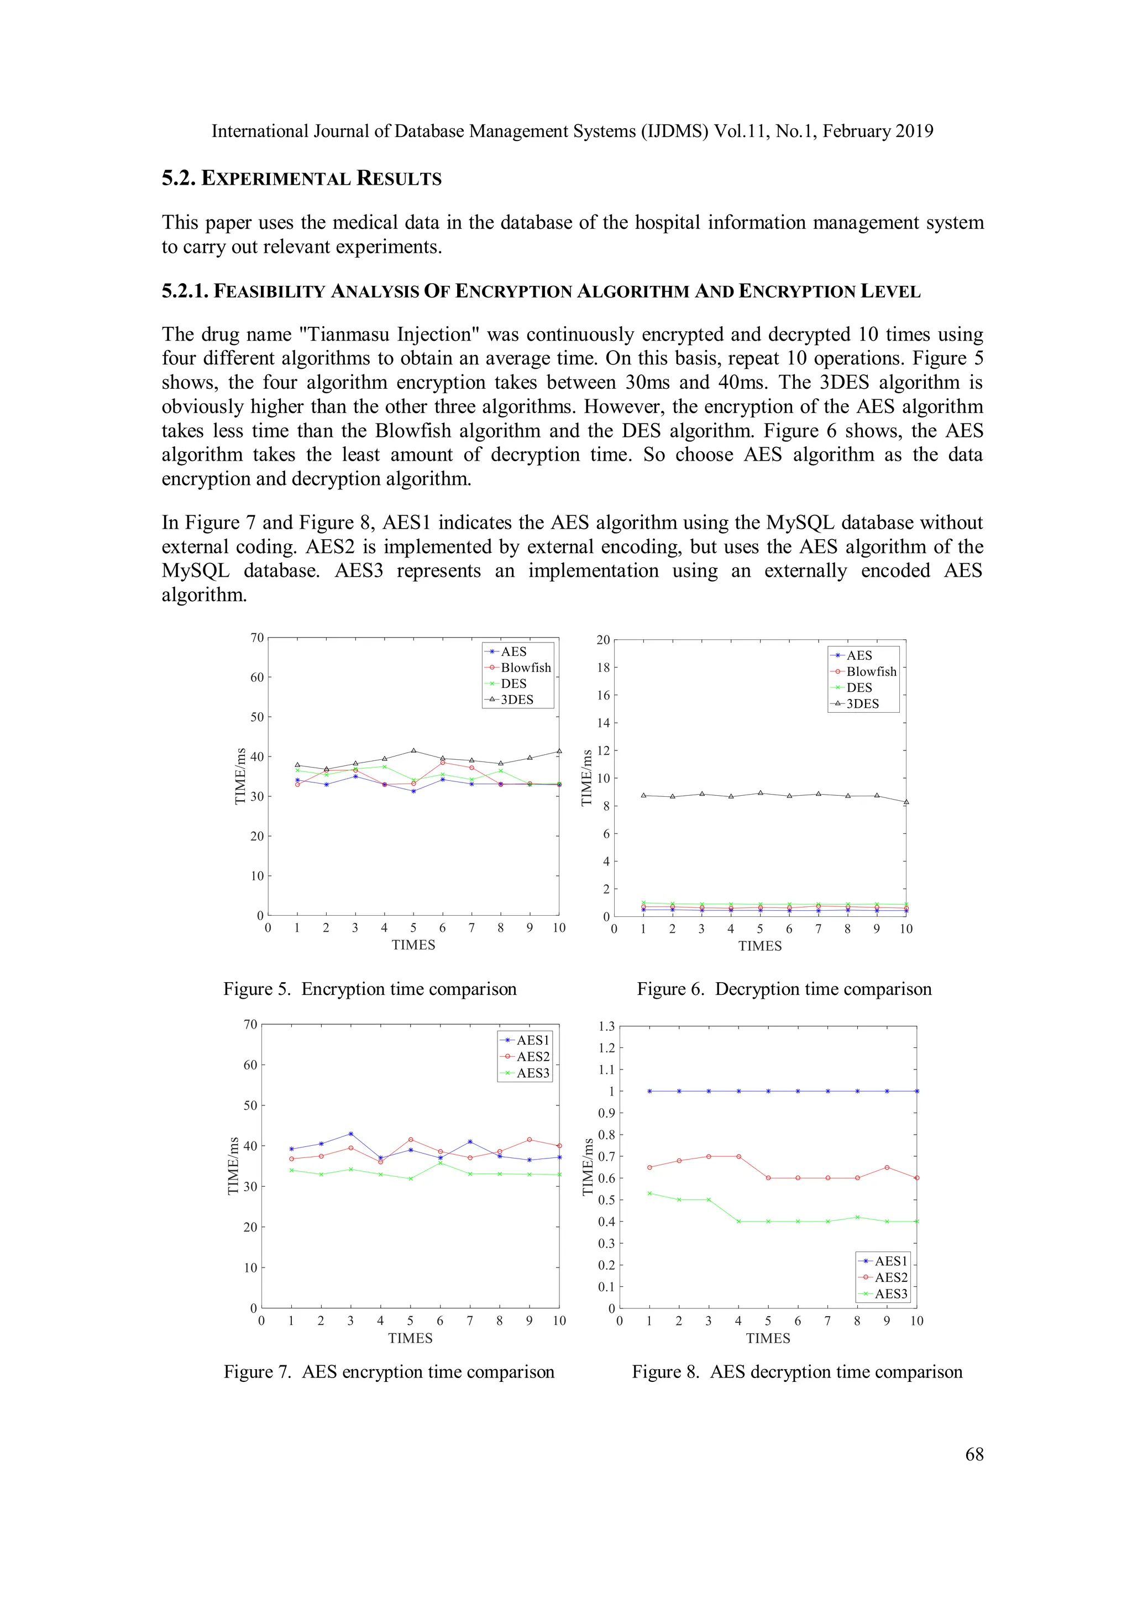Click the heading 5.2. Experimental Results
[301, 179]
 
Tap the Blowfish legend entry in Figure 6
[871, 671]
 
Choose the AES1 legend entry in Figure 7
[532, 1040]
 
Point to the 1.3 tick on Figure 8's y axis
[606, 1026]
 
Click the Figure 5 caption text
[370, 989]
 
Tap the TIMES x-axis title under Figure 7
[410, 1338]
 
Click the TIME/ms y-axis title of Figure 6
[586, 777]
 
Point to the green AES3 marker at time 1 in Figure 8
[649, 1193]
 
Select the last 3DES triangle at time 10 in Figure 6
[905, 802]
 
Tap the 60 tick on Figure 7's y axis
[250, 1064]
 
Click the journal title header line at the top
[572, 131]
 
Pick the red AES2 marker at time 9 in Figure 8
[887, 1167]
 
